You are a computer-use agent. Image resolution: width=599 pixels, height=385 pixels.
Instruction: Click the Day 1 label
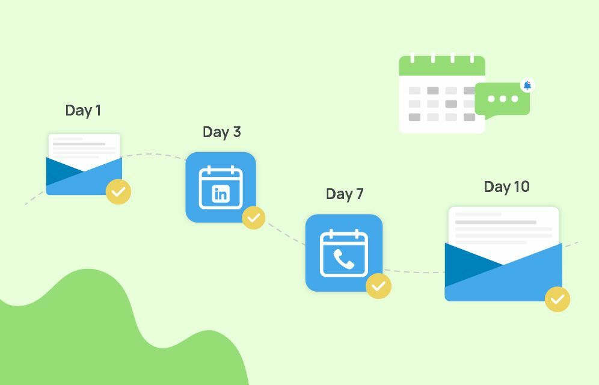[83, 111]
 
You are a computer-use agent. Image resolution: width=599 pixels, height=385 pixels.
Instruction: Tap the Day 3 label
[221, 132]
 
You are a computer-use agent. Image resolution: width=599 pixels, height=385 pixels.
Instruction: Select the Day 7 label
[345, 194]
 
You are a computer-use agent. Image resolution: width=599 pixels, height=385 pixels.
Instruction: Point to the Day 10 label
[506, 187]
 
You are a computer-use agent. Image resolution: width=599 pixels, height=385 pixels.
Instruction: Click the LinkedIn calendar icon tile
[221, 187]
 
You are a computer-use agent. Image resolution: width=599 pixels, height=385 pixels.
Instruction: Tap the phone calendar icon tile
[344, 253]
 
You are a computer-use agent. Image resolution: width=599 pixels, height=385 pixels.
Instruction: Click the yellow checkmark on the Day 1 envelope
[118, 192]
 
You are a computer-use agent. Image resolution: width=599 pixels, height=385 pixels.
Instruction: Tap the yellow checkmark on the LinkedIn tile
[253, 217]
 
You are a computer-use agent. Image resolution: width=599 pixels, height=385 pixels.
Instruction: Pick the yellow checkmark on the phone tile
[378, 286]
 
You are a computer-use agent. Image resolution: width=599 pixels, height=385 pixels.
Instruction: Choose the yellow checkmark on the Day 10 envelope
[558, 299]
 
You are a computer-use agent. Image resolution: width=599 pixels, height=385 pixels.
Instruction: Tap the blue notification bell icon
[527, 85]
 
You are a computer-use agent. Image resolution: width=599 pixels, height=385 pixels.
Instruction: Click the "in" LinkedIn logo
[221, 194]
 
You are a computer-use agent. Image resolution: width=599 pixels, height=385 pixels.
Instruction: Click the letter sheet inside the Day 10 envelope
[503, 226]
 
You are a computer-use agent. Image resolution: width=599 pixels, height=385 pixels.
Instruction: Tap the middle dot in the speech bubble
[502, 99]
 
